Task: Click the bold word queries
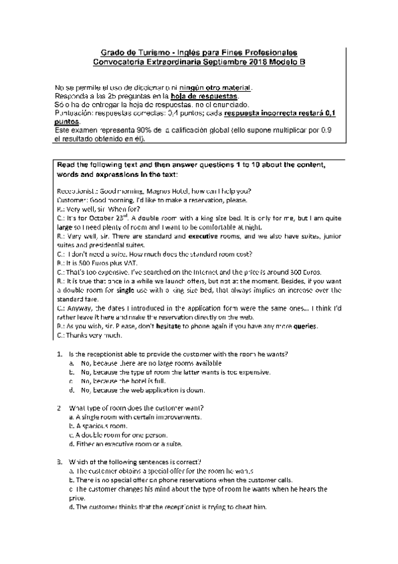coord(304,327)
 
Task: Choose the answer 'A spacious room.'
coord(100,425)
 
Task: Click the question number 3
coord(59,462)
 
